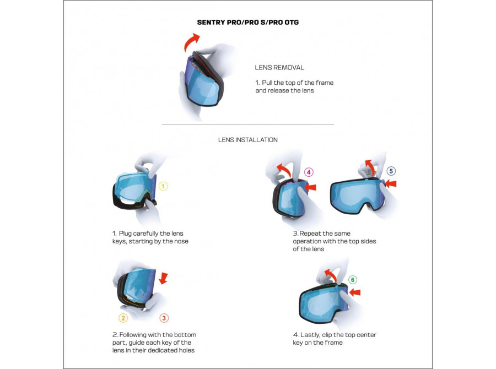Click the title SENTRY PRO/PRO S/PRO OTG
(x=247, y=23)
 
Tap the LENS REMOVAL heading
(x=279, y=67)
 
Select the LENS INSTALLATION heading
(x=247, y=140)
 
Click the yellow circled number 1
(x=163, y=186)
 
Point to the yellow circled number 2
(x=123, y=318)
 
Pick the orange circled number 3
(x=164, y=318)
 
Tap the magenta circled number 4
(x=309, y=172)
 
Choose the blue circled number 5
(x=391, y=171)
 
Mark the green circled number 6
(x=353, y=280)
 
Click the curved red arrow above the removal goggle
(x=192, y=41)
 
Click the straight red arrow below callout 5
(x=391, y=184)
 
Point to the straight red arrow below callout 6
(x=354, y=292)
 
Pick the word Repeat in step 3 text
(x=314, y=234)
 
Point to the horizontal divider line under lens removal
(x=247, y=124)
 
